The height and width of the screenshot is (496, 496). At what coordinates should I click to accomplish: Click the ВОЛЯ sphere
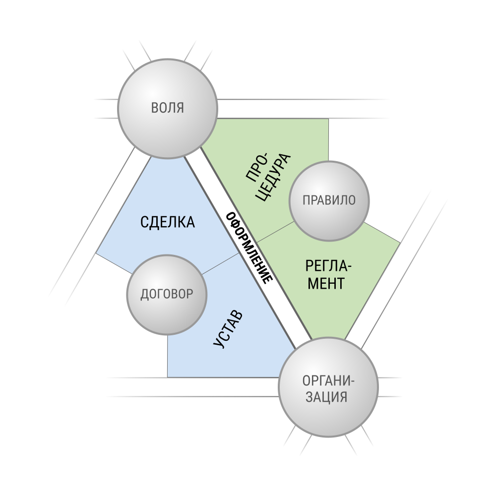[x=168, y=108]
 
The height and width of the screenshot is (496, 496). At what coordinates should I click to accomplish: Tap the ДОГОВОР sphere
[x=167, y=295]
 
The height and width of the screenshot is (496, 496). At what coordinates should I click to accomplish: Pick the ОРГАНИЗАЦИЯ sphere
[x=328, y=387]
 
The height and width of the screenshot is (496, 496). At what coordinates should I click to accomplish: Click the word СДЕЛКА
[x=167, y=222]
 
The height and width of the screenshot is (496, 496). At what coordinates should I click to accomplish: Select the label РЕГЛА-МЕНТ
[x=328, y=275]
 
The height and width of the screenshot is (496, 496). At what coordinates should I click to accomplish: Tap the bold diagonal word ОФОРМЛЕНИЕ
[x=249, y=248]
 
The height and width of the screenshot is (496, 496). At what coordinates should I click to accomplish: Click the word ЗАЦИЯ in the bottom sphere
[x=326, y=397]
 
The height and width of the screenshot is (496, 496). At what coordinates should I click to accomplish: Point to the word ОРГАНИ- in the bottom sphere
[x=328, y=381]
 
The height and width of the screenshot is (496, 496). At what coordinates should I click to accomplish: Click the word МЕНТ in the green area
[x=326, y=283]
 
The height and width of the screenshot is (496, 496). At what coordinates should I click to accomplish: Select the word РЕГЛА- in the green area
[x=328, y=266]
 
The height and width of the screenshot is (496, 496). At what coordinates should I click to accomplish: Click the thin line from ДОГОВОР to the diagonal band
[x=221, y=263]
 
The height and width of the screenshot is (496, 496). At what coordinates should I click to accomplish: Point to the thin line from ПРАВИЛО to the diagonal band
[x=275, y=232]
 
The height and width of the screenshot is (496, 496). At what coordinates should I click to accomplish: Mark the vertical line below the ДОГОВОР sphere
[x=167, y=356]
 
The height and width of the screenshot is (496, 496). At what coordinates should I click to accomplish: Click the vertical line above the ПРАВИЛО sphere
[x=328, y=140]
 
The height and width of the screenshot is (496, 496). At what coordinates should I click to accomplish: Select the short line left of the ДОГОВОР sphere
[x=114, y=263]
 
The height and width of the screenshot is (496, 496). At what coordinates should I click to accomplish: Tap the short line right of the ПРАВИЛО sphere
[x=382, y=233]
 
